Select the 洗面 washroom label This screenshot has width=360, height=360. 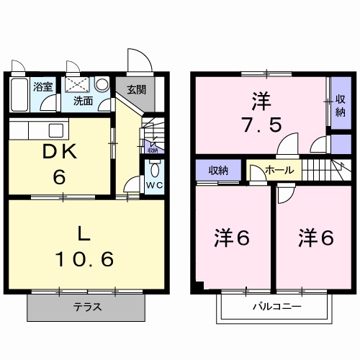click(x=82, y=102)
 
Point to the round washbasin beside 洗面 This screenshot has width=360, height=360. click(x=101, y=84)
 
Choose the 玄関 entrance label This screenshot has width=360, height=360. click(x=137, y=90)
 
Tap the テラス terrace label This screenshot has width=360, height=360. click(x=87, y=307)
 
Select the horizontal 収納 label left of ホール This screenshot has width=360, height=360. click(x=219, y=170)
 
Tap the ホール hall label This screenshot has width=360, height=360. click(x=279, y=171)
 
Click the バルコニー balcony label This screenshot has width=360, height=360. click(x=276, y=307)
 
